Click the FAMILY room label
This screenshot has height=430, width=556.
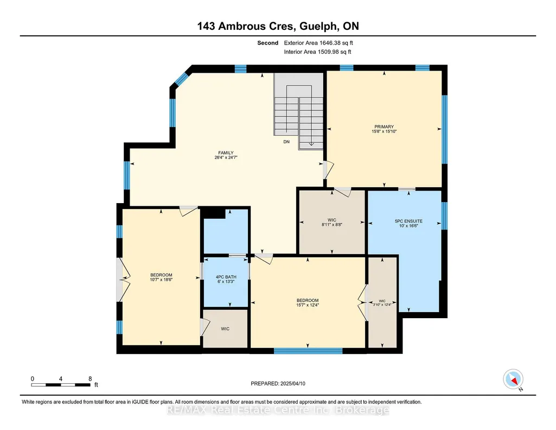point(226,153)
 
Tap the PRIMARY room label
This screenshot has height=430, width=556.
point(384,127)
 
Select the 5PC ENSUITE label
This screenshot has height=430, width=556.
point(408,221)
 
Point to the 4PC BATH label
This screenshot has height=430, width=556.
point(226,277)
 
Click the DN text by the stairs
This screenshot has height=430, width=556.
point(286,142)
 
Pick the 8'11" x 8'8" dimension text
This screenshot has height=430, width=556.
point(332,225)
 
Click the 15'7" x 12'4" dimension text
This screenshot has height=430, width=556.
point(308,305)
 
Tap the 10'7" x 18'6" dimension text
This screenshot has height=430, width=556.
point(161,280)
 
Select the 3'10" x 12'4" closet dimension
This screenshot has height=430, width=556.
point(382,305)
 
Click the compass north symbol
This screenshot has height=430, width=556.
point(513,380)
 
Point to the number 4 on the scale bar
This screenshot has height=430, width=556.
point(61,379)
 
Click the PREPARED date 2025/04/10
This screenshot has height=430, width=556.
point(292,383)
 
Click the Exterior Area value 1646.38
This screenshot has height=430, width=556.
point(330,43)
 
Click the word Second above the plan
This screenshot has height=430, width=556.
point(268,43)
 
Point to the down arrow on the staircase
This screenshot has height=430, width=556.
point(311,143)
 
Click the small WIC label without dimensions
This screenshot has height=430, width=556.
point(225,329)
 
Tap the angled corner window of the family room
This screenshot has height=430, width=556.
point(181,79)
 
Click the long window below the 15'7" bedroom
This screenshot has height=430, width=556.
point(308,351)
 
